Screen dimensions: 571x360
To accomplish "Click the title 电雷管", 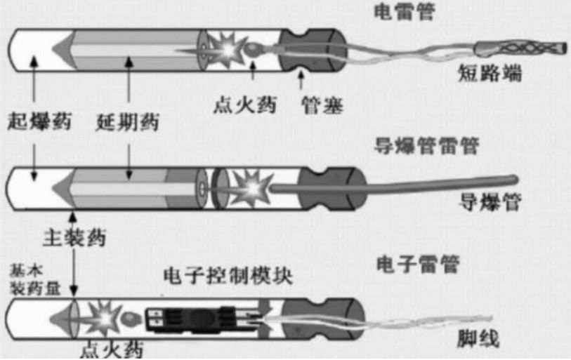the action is [405, 11].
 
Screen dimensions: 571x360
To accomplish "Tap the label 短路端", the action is [490, 73].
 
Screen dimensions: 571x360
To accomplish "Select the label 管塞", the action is [322, 105].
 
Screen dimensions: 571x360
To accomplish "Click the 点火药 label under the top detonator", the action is [245, 105].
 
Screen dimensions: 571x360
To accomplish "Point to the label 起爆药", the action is [39, 121].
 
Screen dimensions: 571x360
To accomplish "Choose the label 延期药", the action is [128, 122].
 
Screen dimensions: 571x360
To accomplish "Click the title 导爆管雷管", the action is [427, 146].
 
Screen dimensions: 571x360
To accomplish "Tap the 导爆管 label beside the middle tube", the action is [490, 202].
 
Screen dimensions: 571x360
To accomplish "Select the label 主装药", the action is [74, 238].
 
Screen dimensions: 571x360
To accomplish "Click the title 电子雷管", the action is [418, 264].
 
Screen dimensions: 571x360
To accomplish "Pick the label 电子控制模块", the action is [228, 276].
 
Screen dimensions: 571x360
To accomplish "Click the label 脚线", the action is [478, 339].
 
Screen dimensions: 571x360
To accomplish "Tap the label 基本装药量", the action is [35, 279].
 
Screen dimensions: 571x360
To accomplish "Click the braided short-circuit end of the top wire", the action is [520, 48].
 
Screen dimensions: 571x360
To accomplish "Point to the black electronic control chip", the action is [199, 319].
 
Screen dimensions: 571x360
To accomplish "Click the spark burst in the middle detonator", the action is [252, 188].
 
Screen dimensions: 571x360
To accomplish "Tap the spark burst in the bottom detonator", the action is [104, 318].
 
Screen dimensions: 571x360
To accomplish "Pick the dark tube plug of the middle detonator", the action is [332, 189].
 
